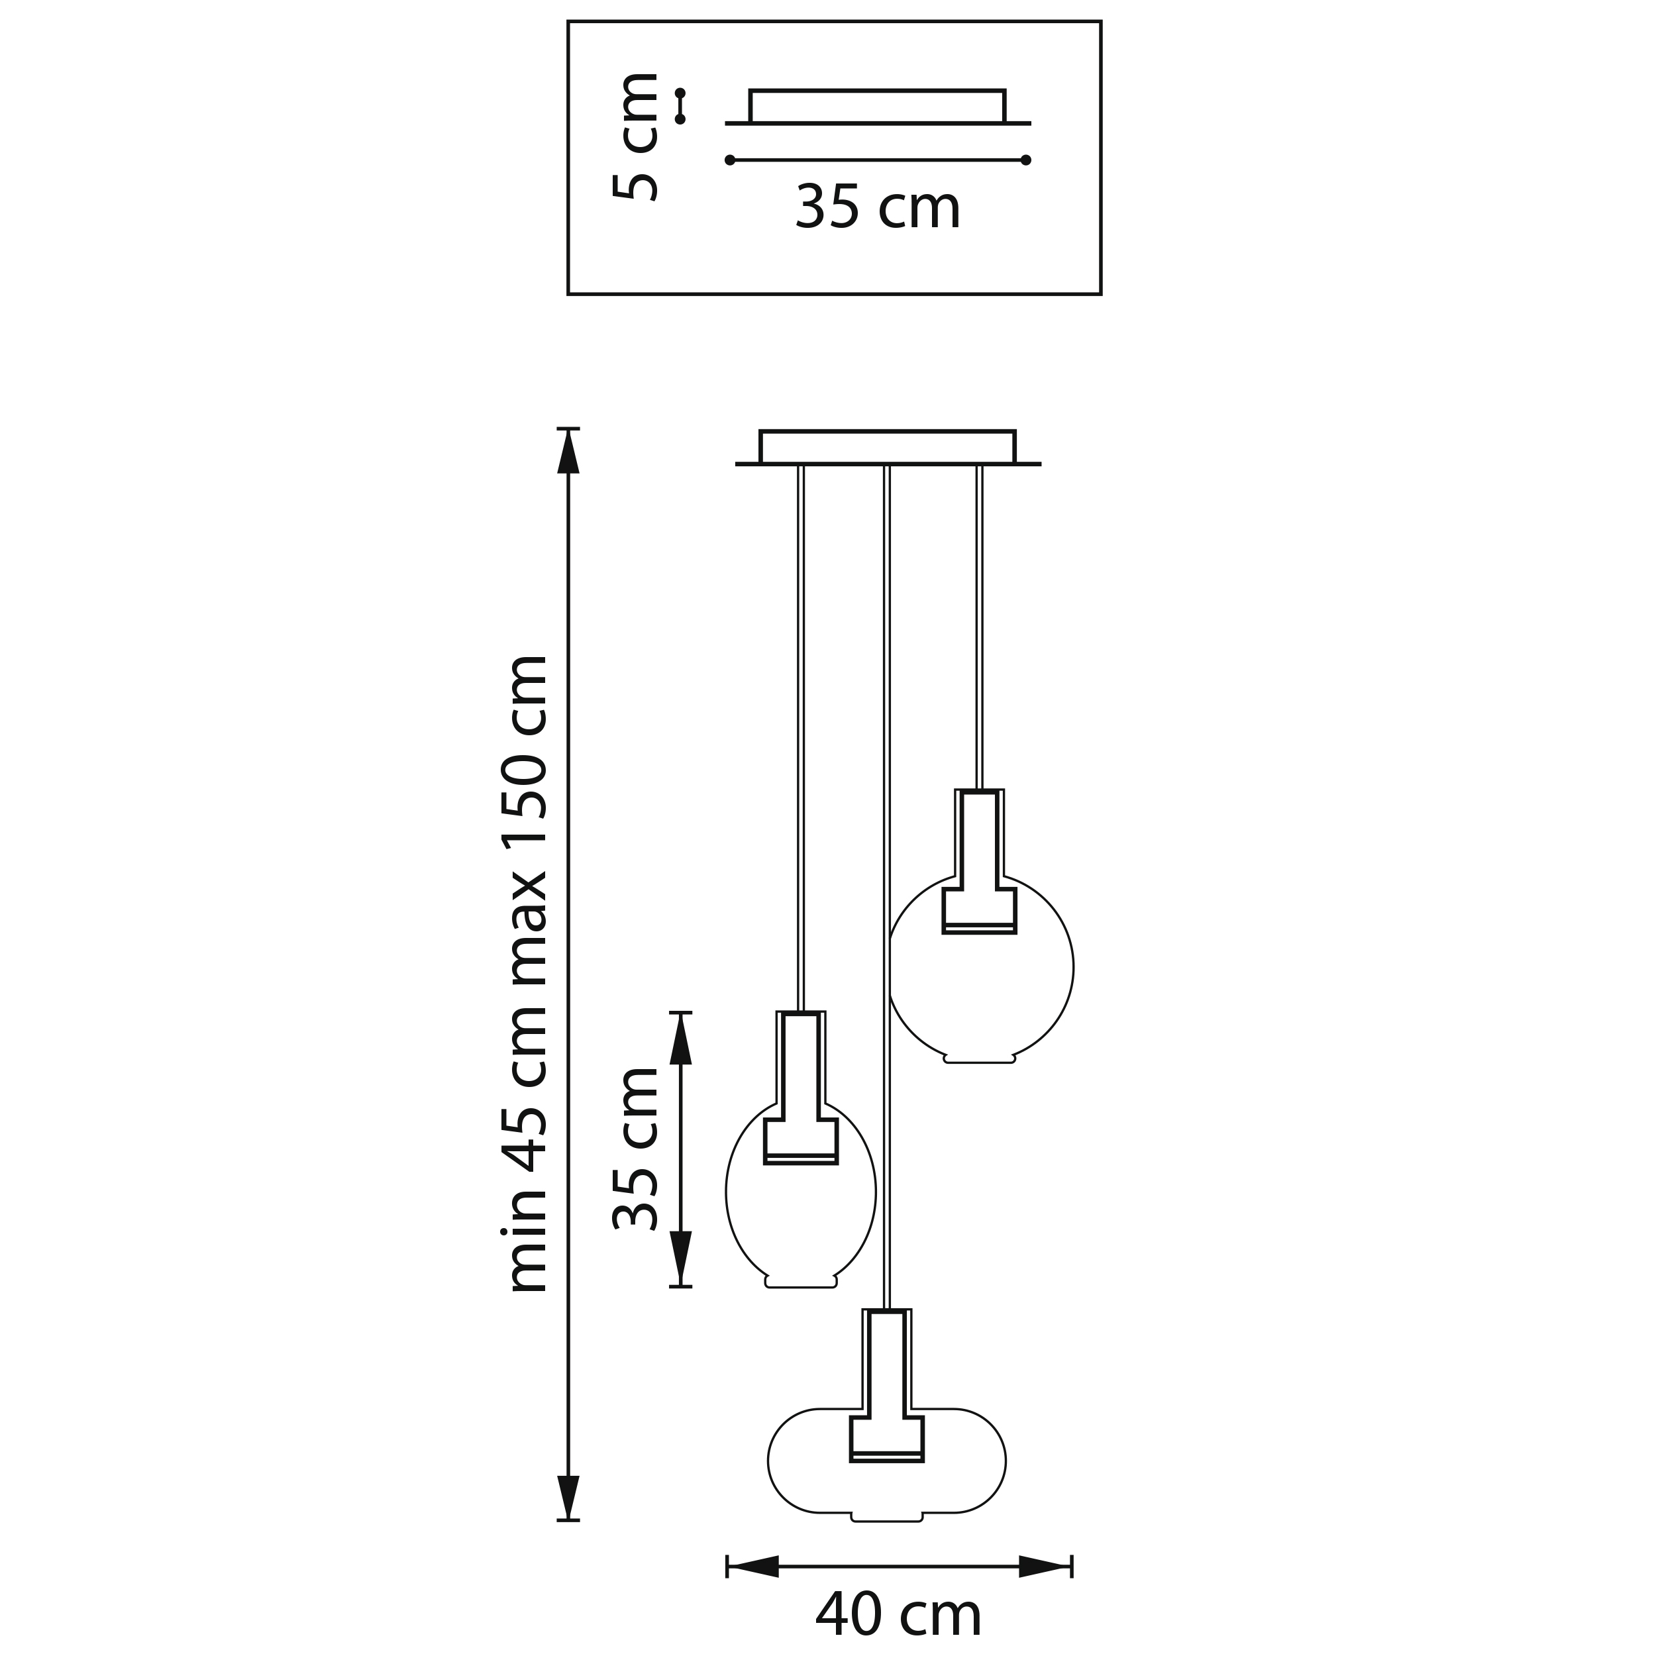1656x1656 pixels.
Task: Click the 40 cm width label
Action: point(898,1616)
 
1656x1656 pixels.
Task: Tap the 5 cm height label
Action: point(635,136)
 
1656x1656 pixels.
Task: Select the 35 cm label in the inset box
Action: point(878,207)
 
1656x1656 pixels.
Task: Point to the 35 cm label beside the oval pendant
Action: point(635,1149)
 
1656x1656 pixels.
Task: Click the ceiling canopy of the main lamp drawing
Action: point(887,447)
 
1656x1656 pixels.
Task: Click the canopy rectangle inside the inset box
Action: point(877,106)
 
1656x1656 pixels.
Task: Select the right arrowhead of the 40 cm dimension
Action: point(1045,1567)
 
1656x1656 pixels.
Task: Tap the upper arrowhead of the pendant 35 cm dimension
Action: point(680,1038)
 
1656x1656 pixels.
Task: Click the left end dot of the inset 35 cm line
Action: point(729,160)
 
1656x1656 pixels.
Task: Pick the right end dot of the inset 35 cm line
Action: point(1026,160)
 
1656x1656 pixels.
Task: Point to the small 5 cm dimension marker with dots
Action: point(680,105)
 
